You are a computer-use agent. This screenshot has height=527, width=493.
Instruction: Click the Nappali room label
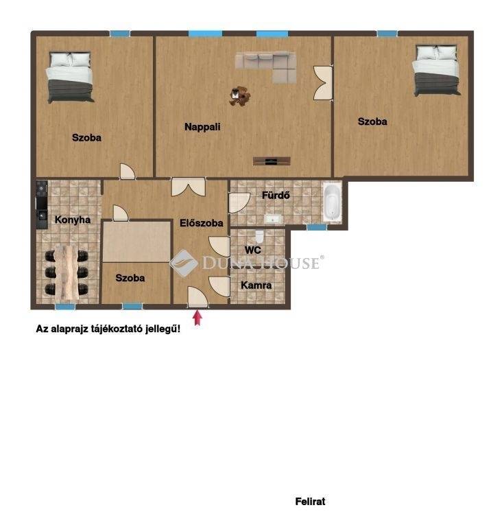[x=202, y=127]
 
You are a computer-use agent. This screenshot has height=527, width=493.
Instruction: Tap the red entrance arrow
[x=197, y=318]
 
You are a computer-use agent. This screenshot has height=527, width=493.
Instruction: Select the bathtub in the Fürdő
[x=332, y=202]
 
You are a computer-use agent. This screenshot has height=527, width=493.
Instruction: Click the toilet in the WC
[x=260, y=235]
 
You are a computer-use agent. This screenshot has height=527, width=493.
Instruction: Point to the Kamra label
[x=256, y=285]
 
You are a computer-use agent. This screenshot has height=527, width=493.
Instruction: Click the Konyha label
[x=73, y=220]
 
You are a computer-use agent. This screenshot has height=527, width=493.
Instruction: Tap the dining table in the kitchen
[x=67, y=272]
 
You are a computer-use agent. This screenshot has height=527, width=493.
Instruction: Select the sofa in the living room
[x=266, y=67]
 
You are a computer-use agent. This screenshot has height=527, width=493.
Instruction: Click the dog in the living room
[x=240, y=96]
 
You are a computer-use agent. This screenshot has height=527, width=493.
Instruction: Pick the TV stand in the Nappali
[x=272, y=161]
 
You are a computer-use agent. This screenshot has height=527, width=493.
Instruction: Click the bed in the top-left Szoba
[x=70, y=77]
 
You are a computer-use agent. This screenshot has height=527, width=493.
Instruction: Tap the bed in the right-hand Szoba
[x=437, y=70]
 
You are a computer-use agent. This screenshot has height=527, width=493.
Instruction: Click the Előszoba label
[x=201, y=223]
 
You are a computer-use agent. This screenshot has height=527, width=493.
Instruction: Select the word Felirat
[x=310, y=502]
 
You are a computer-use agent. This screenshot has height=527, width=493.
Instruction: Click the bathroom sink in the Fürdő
[x=273, y=220]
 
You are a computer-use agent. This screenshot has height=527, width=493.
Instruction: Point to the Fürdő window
[x=317, y=227]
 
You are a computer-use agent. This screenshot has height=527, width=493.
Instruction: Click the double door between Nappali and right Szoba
[x=323, y=82]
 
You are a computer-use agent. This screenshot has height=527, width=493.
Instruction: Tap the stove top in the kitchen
[x=42, y=189]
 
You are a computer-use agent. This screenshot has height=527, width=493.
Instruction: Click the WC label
[x=253, y=250]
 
